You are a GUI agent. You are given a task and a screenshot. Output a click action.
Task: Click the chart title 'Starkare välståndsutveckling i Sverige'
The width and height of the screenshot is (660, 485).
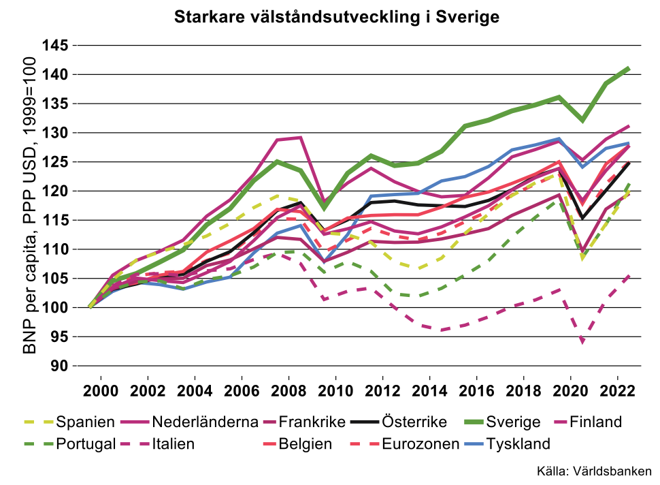[x=337, y=17]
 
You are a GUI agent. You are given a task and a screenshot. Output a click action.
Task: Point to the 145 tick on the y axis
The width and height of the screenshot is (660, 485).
[x=54, y=45]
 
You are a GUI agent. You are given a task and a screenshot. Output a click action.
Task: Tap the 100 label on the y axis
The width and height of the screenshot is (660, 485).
[x=54, y=308]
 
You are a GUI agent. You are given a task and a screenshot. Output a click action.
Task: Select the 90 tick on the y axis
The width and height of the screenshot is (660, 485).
[x=59, y=366]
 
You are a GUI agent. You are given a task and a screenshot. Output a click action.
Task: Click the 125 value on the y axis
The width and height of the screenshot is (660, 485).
[x=54, y=162]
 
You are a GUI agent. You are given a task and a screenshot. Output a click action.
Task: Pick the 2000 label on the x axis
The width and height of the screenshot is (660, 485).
[x=101, y=391]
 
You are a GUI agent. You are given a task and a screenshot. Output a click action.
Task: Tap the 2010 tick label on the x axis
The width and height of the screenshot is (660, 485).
[x=335, y=391]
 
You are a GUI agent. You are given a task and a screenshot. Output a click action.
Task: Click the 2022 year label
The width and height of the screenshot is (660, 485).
[x=617, y=391]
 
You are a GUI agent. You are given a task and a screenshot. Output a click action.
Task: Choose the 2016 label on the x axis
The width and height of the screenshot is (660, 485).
[x=476, y=391]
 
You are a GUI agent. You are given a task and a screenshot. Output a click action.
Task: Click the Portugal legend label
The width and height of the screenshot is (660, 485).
[x=86, y=444]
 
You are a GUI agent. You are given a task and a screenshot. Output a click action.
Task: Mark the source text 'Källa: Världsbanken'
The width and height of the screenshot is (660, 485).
[x=594, y=471]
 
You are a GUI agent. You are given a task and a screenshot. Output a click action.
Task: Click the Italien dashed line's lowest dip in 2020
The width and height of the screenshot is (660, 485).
[x=582, y=341]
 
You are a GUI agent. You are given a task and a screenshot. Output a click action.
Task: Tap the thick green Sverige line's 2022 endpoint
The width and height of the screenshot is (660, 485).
[x=629, y=68]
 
